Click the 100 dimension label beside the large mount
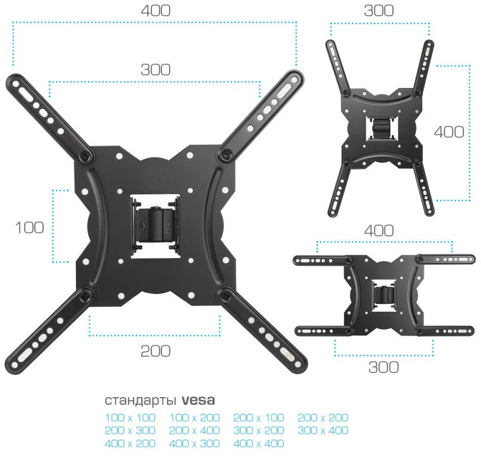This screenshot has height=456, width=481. point(30,228)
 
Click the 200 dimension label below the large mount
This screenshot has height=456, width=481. point(155,351)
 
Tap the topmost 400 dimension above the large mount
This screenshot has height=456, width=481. point(156,11)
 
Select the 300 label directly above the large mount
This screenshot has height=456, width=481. point(156,70)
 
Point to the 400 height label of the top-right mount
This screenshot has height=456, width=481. point(449,132)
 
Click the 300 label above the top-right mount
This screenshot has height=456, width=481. point(379,11)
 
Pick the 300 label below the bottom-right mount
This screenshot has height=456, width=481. point(384,367)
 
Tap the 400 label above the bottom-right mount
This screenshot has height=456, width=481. point(379,230)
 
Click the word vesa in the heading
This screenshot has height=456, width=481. point(198,400)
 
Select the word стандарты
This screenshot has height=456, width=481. point(141,401)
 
